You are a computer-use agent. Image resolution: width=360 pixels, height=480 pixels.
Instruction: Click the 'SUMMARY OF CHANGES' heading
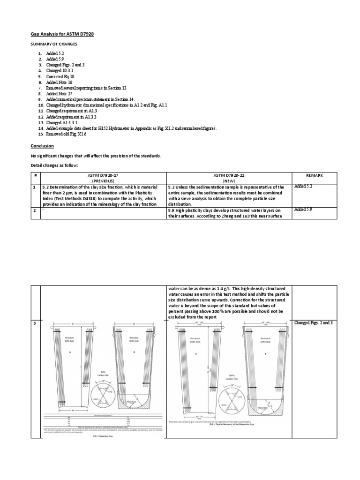pyautogui.click(x=58, y=44)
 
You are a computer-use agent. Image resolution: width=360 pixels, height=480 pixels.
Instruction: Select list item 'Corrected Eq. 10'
pyautogui.click(x=60, y=76)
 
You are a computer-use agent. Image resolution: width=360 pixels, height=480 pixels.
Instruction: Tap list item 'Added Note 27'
pyautogui.click(x=58, y=94)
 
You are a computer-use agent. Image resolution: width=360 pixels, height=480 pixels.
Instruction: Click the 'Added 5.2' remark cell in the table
pyautogui.click(x=303, y=187)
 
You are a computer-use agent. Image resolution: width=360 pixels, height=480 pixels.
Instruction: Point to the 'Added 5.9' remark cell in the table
pyautogui.click(x=303, y=210)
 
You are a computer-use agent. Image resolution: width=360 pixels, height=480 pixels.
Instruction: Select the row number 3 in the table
pyautogui.click(x=35, y=323)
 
